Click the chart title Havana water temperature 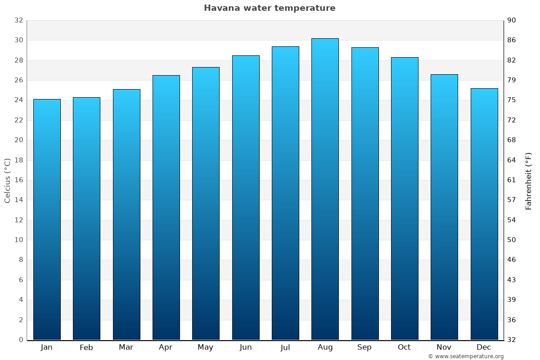pos(270,8)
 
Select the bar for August pos(325,189)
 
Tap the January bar pos(47,219)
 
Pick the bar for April pos(166,207)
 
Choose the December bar pos(484,214)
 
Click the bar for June pos(246,198)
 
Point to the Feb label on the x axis pos(86,347)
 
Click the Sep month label pos(364,347)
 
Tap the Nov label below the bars pos(444,347)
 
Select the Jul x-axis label pos(285,347)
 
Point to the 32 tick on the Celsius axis pos(18,20)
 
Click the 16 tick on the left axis pos(18,180)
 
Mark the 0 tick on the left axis pos(21,340)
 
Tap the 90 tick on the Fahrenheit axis pos(512,20)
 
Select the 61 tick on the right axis pos(512,180)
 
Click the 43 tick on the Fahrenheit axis pos(512,280)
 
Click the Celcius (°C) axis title pos(8,180)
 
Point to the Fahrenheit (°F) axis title pos(528,180)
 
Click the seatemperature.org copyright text pos(466,356)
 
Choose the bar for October pos(405,198)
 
